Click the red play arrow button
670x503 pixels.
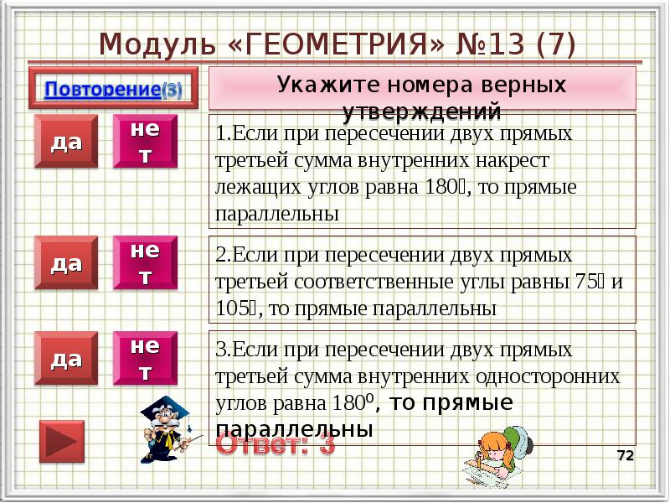[62, 443]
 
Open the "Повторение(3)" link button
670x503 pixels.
[111, 89]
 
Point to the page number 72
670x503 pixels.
[625, 455]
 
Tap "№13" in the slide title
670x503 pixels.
[480, 43]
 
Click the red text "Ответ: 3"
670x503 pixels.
[276, 444]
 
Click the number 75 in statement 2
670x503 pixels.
[583, 281]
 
